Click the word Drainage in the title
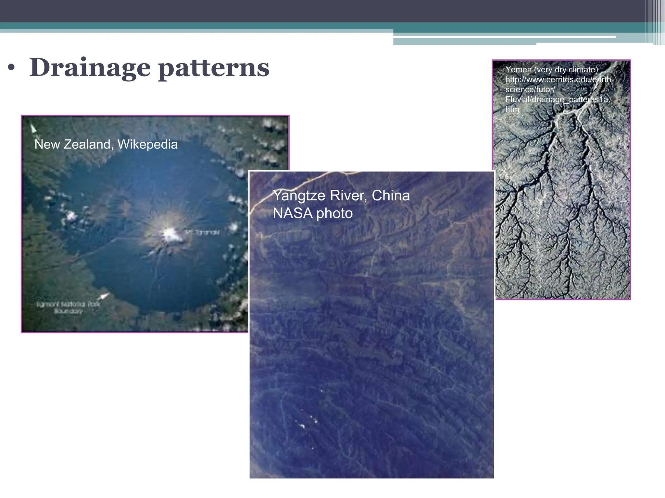pos(90,68)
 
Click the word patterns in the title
pos(214,68)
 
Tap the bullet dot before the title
pos(12,68)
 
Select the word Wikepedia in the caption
pos(147,144)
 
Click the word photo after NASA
pos(334,213)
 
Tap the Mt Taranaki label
pos(202,232)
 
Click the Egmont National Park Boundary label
pos(68,308)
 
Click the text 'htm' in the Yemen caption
pos(512,110)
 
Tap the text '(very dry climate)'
pos(566,70)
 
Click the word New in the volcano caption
pos(47,144)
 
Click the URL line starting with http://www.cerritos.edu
pos(559,80)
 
